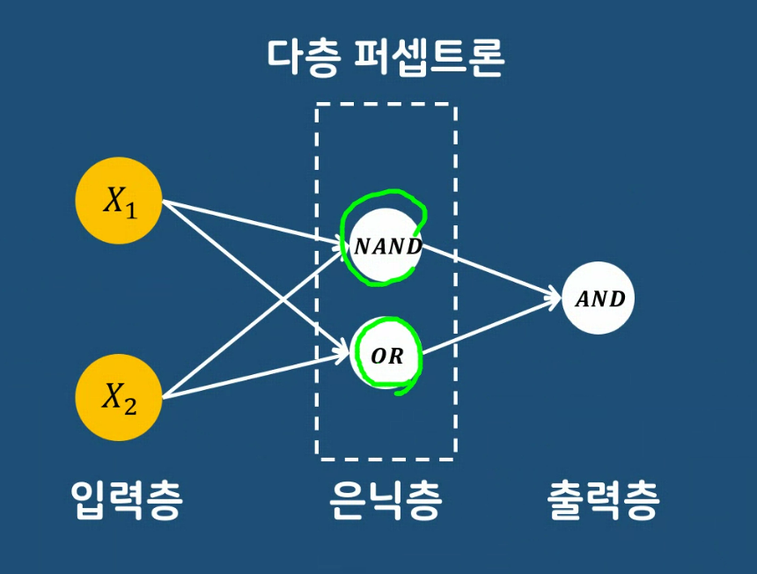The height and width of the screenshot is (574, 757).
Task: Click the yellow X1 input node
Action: [120, 201]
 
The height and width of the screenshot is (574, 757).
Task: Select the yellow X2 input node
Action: [120, 397]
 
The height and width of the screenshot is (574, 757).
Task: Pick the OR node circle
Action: [386, 355]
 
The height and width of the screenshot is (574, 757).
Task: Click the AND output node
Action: [599, 298]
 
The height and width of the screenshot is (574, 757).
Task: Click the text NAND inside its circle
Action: [387, 247]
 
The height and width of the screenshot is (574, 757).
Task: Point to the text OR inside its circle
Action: [387, 357]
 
